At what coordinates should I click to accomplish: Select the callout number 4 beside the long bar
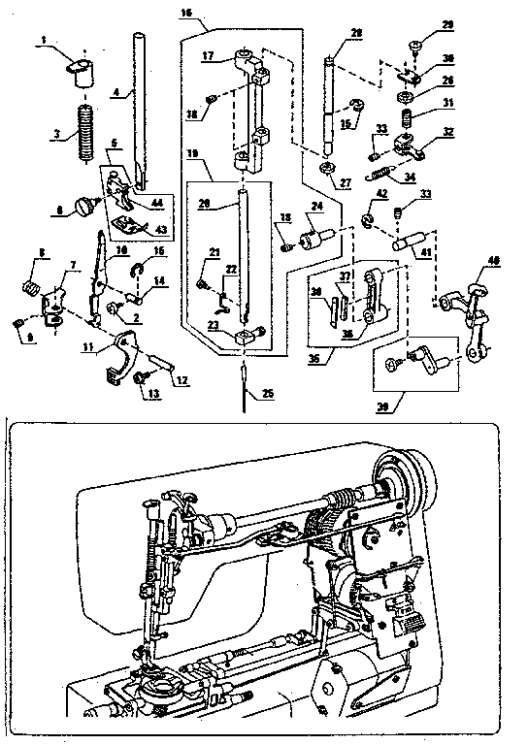(115, 91)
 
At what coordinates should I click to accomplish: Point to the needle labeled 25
(243, 378)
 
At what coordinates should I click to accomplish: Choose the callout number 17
(208, 56)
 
